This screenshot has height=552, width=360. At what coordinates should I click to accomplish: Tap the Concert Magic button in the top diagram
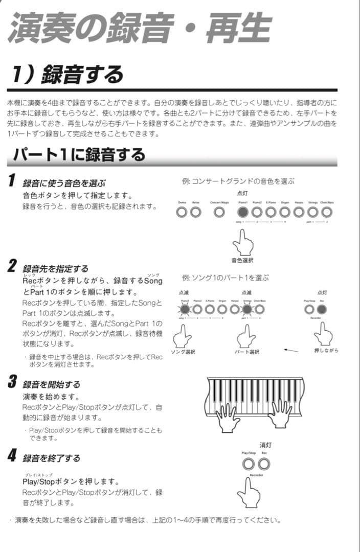click(x=219, y=212)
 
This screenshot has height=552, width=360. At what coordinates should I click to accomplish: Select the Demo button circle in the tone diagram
click(x=182, y=212)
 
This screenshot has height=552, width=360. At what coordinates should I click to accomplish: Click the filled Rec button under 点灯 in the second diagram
click(x=322, y=309)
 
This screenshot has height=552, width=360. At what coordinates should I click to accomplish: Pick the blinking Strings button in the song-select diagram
click(x=247, y=309)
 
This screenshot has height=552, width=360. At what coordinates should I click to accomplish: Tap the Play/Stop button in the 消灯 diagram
click(x=249, y=464)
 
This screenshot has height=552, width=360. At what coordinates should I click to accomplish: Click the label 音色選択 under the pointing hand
click(x=242, y=261)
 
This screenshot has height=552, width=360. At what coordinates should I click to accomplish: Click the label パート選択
click(x=247, y=352)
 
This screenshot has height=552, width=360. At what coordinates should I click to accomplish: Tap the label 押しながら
click(x=326, y=350)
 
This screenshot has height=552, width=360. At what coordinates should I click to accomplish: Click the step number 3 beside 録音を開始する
click(x=13, y=382)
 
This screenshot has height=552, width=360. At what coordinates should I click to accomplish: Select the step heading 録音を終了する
click(x=51, y=458)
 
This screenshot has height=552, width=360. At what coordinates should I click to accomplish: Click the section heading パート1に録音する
click(x=79, y=154)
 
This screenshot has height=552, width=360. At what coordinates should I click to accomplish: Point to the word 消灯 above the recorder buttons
click(x=265, y=445)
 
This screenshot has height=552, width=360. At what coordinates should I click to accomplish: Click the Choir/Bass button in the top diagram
click(x=327, y=212)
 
